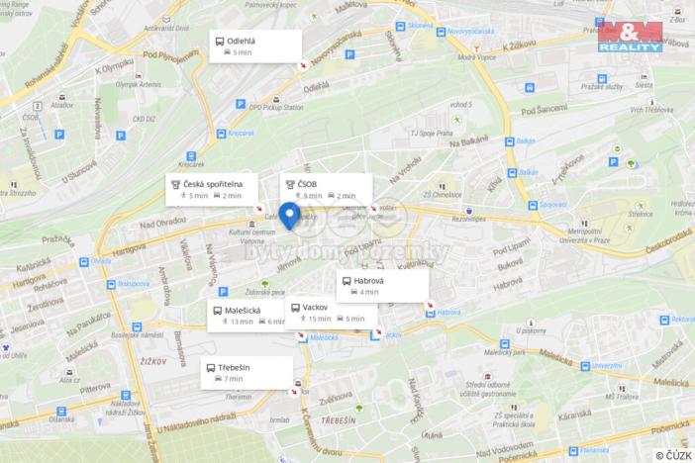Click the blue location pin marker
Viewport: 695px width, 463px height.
(x=289, y=215)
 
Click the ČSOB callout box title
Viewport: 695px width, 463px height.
(x=308, y=183)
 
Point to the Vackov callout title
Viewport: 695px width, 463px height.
(x=316, y=307)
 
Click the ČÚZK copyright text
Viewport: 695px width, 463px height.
(x=672, y=454)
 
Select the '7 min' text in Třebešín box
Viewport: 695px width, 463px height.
(x=234, y=379)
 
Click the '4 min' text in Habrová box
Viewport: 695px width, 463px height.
(x=369, y=293)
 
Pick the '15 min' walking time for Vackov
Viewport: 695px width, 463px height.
(x=319, y=320)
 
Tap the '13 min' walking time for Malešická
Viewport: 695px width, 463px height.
(x=242, y=322)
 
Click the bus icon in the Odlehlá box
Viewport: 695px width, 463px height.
(x=218, y=40)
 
